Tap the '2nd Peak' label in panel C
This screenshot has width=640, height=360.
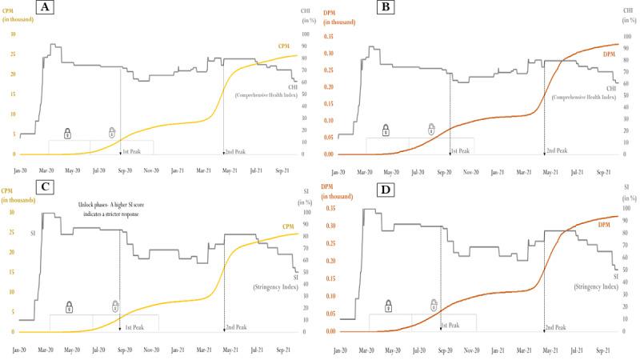[235, 327]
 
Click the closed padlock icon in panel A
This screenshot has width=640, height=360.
[67, 132]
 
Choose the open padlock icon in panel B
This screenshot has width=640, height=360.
[431, 129]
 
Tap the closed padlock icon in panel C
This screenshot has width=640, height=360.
[69, 306]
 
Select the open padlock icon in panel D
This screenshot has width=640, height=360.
[433, 305]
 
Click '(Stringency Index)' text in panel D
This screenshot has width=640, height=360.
[595, 286]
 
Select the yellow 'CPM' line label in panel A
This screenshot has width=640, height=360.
[284, 46]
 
